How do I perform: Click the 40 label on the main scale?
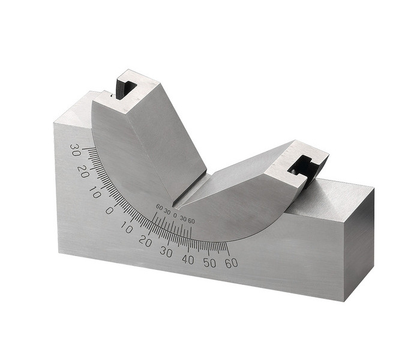[x=188, y=260]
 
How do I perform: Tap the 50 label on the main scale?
[x=210, y=263]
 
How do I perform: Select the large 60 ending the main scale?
[x=231, y=263]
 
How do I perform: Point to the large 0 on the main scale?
[x=109, y=211]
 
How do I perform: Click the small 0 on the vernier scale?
[x=175, y=215]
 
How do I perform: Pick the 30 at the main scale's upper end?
[x=76, y=150]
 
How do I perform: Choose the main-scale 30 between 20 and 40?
[x=166, y=253]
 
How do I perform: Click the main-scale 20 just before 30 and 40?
[x=145, y=242]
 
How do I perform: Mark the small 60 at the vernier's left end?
[x=159, y=208]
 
